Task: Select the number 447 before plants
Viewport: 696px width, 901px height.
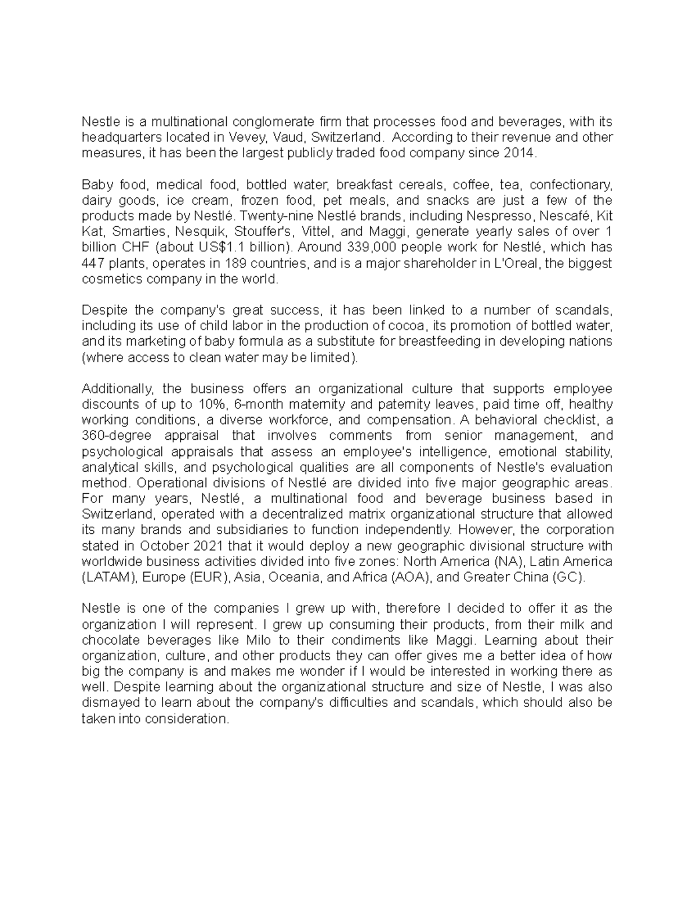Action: (92, 263)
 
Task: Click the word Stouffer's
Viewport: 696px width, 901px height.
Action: (264, 232)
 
